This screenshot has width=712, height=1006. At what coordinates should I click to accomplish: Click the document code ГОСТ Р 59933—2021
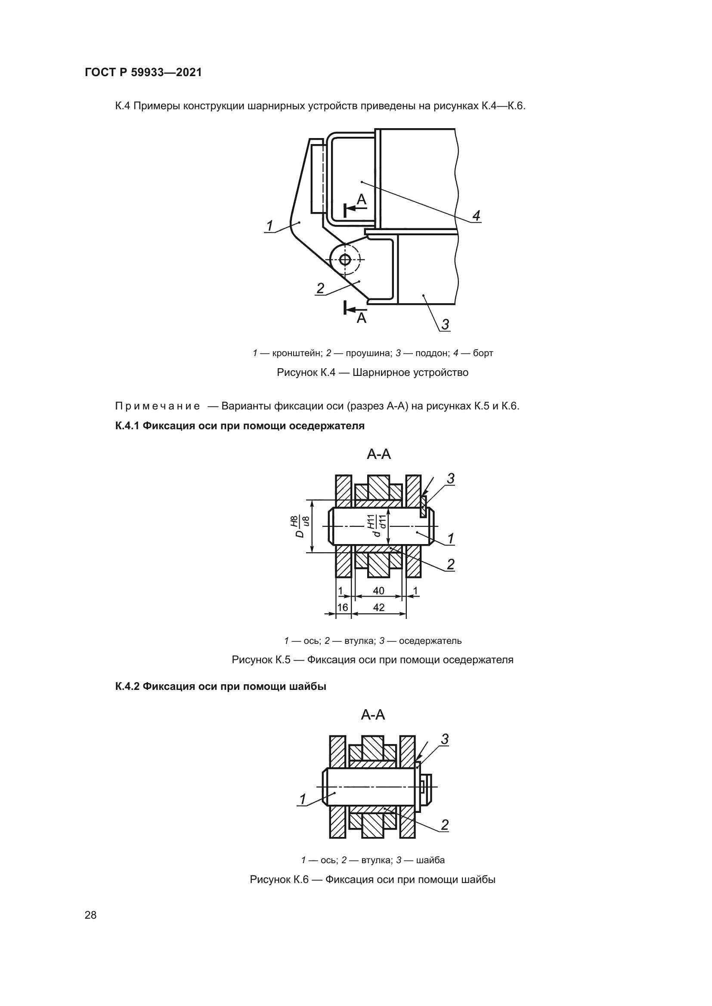tap(143, 72)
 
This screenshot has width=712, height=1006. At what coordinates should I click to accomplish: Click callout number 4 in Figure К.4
tap(476, 215)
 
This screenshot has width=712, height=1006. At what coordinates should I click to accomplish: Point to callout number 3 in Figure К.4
tap(445, 325)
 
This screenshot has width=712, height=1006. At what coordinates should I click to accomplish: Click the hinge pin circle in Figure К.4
tap(345, 260)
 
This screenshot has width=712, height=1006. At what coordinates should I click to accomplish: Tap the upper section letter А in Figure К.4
tap(361, 200)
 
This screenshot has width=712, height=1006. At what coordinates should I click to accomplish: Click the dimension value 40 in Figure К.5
tap(378, 591)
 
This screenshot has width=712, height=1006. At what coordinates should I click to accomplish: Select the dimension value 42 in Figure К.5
tap(378, 607)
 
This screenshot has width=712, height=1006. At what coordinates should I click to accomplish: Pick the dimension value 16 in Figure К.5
tap(343, 607)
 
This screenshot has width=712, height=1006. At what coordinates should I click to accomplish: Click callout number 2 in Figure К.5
tap(451, 564)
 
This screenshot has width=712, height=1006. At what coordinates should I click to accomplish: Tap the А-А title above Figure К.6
tap(373, 715)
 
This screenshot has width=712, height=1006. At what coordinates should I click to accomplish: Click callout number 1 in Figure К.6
tap(303, 800)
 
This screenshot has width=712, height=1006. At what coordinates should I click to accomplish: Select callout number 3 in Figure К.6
tap(445, 740)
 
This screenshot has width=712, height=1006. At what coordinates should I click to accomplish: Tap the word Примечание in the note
tap(158, 406)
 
